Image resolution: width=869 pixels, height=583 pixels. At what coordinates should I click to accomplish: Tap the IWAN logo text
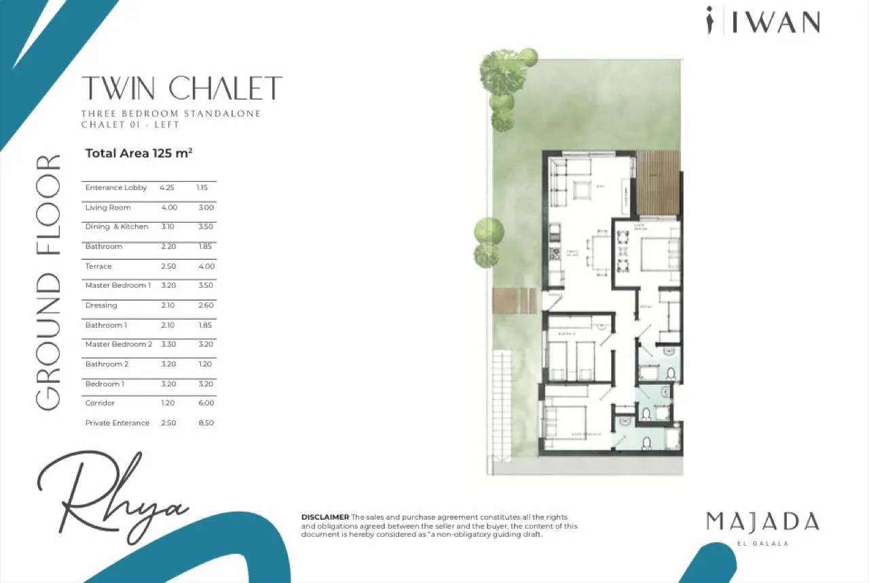pos(775,22)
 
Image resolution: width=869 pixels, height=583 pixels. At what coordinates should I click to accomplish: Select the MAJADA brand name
pos(762,522)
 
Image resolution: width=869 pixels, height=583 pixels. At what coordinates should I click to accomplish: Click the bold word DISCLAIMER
pos(325,517)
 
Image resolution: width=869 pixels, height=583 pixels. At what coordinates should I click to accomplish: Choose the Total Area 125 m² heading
pos(138,153)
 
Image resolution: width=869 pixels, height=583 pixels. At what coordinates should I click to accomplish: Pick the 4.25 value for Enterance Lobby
pos(167,187)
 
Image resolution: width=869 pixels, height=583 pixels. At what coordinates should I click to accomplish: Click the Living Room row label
pos(108,208)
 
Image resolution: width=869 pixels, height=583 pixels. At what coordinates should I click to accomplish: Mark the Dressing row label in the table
pos(101,305)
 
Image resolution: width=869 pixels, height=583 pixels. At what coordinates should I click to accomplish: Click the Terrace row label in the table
pos(98,266)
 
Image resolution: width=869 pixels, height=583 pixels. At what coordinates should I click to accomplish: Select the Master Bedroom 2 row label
pos(119,344)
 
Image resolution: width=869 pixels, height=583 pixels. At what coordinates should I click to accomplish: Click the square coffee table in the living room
pos(583,190)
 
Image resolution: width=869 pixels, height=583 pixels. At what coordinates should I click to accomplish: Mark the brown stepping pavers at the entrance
pos(515,300)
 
